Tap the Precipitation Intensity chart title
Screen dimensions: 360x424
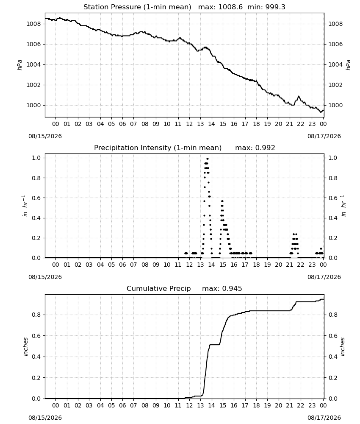pos(158,148)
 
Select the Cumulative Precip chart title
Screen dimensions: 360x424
pos(158,288)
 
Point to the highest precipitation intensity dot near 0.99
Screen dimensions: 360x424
pos(208,159)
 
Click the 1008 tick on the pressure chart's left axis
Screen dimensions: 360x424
pos(33,24)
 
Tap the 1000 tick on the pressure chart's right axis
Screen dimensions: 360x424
pos(335,105)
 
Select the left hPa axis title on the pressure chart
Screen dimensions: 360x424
pos(19,65)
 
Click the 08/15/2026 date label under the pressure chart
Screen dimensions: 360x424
pos(45,136)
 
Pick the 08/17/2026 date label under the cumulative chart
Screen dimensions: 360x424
pos(324,418)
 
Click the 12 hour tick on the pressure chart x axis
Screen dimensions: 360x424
pos(189,124)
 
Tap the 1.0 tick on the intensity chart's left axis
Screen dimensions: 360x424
pos(36,158)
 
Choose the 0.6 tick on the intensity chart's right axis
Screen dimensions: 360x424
pos(333,198)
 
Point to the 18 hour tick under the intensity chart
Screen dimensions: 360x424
pos(256,265)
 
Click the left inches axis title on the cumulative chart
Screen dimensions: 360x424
pos(26,347)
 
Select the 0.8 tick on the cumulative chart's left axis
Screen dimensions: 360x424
pos(36,315)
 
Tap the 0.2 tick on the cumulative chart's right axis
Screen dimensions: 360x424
pos(333,378)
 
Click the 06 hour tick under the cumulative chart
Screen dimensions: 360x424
pos(122,405)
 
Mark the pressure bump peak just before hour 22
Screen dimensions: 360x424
pos(299,96)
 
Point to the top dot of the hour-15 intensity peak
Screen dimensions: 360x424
pos(222,201)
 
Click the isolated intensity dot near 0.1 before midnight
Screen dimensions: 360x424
pos(321,248)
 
